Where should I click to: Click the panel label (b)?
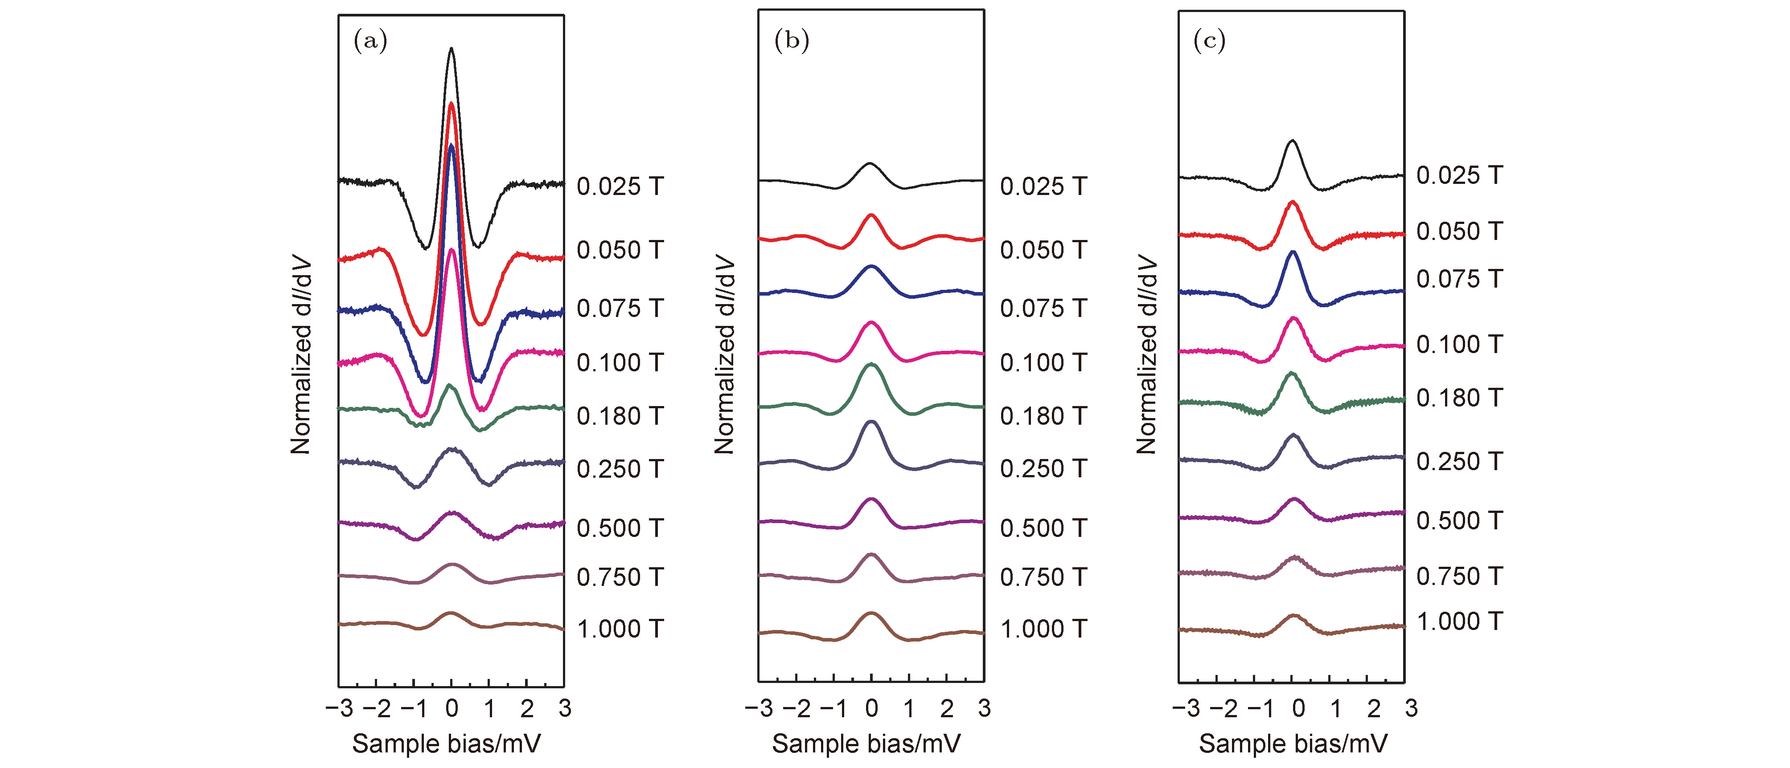[792, 42]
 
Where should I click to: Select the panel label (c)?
[1209, 42]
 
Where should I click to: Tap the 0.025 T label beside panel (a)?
[620, 186]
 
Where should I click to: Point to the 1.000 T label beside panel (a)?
[620, 629]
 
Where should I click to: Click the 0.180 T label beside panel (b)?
[1043, 416]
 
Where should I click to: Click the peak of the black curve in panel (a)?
[452, 48]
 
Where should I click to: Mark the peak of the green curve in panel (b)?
[871, 364]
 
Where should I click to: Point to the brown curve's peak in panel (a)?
[451, 613]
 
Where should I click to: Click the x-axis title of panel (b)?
[866, 744]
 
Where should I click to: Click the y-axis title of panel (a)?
[301, 356]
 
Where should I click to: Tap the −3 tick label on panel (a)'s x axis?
[339, 708]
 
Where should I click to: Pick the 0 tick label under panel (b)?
[871, 708]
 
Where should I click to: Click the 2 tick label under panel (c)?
[1373, 708]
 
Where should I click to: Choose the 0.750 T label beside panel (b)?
[1043, 577]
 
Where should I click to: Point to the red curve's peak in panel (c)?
[1293, 202]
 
